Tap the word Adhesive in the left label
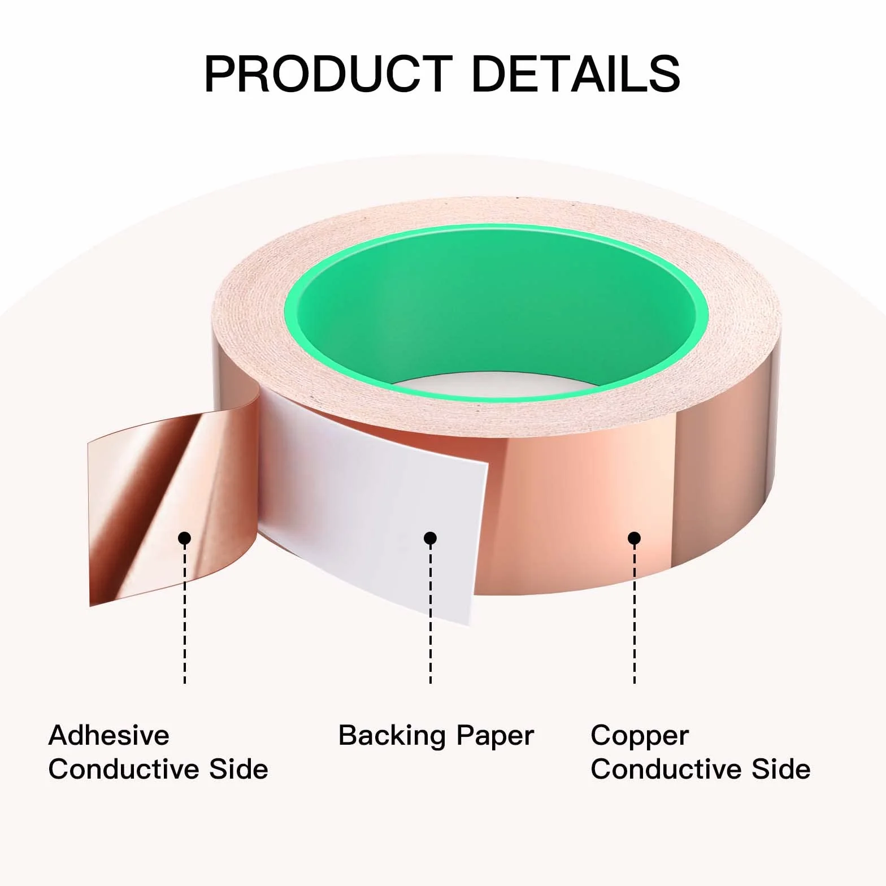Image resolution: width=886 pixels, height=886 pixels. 109,735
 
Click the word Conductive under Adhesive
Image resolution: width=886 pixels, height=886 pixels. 123,769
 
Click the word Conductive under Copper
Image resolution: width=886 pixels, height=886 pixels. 666,769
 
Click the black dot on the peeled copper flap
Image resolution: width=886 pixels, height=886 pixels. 185,538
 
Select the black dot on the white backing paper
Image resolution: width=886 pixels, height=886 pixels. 431,538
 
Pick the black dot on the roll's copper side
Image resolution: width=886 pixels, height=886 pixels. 635,538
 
